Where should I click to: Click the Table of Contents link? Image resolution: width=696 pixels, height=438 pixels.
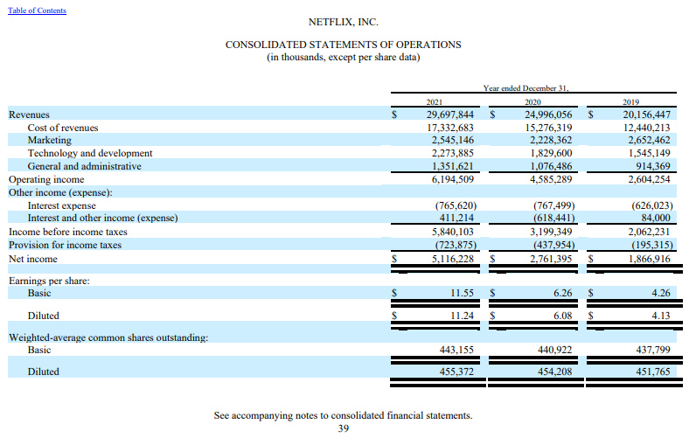[37, 10]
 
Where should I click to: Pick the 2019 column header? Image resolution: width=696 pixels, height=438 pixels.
[631, 102]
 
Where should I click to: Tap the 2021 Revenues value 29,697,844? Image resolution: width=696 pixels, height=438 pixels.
[450, 115]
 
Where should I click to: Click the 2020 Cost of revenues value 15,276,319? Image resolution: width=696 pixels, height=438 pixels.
[548, 128]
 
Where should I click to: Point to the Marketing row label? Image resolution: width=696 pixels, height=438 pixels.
[50, 140]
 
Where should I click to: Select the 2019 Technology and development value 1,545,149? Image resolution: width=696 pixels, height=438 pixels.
[646, 153]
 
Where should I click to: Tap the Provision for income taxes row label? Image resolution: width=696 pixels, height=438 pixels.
[65, 245]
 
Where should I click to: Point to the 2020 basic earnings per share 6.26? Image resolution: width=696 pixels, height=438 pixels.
[563, 295]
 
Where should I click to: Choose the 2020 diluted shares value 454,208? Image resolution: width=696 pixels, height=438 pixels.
[554, 372]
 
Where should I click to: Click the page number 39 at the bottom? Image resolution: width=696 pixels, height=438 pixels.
[344, 428]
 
